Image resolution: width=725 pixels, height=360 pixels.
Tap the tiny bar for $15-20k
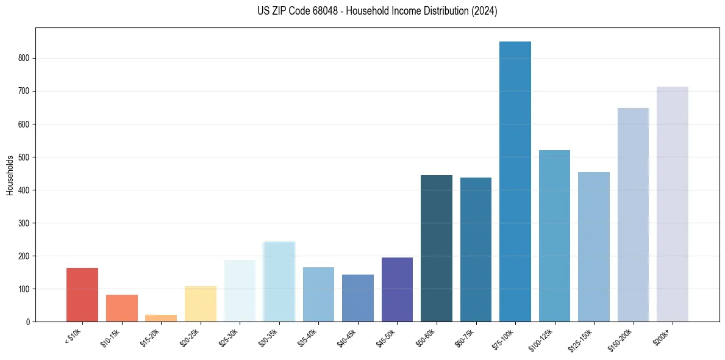pyautogui.click(x=161, y=318)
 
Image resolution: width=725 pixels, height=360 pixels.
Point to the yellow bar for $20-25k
pyautogui.click(x=201, y=304)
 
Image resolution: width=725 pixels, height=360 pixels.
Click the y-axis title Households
pyautogui.click(x=10, y=175)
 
